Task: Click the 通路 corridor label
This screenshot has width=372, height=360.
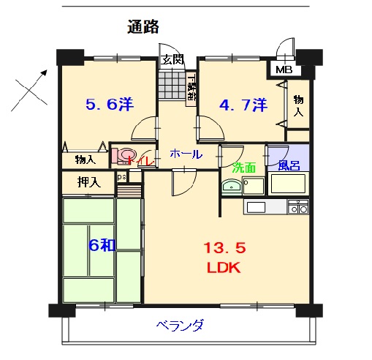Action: click(143, 28)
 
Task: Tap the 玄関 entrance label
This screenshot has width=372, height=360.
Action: click(172, 60)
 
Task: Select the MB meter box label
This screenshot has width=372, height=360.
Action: click(283, 70)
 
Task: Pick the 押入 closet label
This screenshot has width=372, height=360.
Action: click(89, 180)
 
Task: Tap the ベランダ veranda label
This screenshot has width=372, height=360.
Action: click(179, 326)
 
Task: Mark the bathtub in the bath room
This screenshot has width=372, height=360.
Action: click(288, 184)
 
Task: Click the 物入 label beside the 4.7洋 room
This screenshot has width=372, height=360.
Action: click(299, 106)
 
